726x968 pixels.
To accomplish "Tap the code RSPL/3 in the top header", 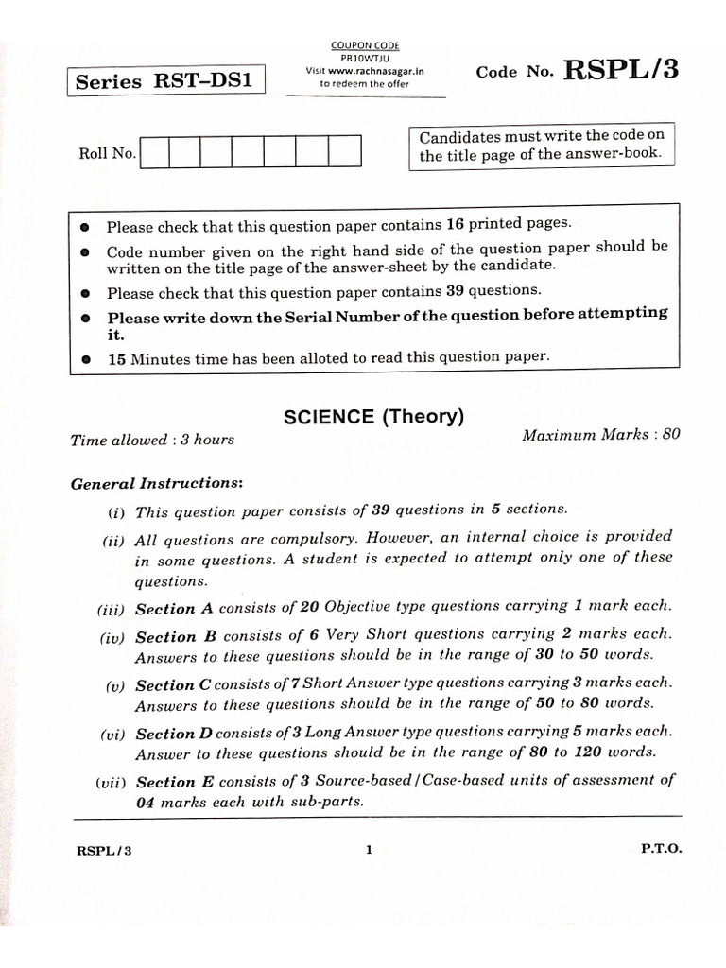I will (620, 70).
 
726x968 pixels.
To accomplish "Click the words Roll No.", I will (107, 153).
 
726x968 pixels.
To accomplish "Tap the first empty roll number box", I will (154, 152).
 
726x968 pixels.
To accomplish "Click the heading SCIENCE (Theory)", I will (373, 417).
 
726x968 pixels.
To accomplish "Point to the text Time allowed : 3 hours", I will (152, 440).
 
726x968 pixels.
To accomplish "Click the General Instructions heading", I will (157, 483).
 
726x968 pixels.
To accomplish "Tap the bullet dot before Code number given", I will (85, 252).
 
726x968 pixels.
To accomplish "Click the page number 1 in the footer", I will (369, 849).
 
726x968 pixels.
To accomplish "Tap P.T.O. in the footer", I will (661, 849).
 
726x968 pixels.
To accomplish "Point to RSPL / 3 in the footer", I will (104, 850).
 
